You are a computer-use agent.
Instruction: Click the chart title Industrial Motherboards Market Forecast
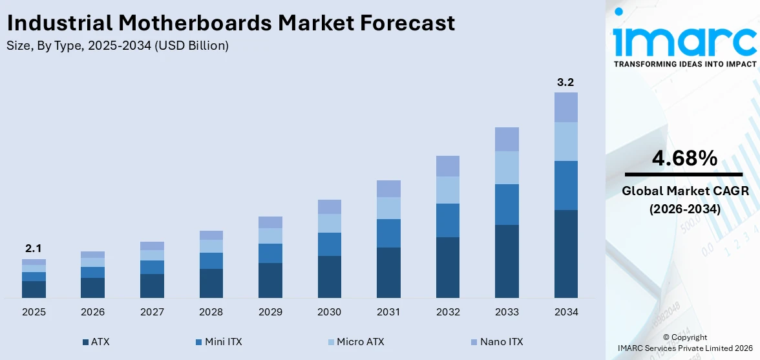click(231, 23)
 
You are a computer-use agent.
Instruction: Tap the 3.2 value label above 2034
click(565, 82)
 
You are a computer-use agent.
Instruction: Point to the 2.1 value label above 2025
click(34, 249)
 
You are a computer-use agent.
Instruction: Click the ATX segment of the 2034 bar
click(565, 253)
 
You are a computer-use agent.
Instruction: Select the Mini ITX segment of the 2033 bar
click(507, 204)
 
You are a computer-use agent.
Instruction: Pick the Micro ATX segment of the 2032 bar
click(447, 190)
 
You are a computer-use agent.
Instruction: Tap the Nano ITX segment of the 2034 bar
click(565, 107)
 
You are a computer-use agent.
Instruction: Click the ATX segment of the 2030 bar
click(329, 277)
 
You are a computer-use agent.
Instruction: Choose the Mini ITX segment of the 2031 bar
click(388, 233)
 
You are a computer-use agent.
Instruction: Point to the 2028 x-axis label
click(211, 312)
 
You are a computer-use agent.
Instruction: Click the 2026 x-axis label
click(92, 312)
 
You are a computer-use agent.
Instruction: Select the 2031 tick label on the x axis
click(388, 312)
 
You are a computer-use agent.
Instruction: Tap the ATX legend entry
click(96, 342)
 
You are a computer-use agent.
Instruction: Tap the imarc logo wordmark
click(684, 40)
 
